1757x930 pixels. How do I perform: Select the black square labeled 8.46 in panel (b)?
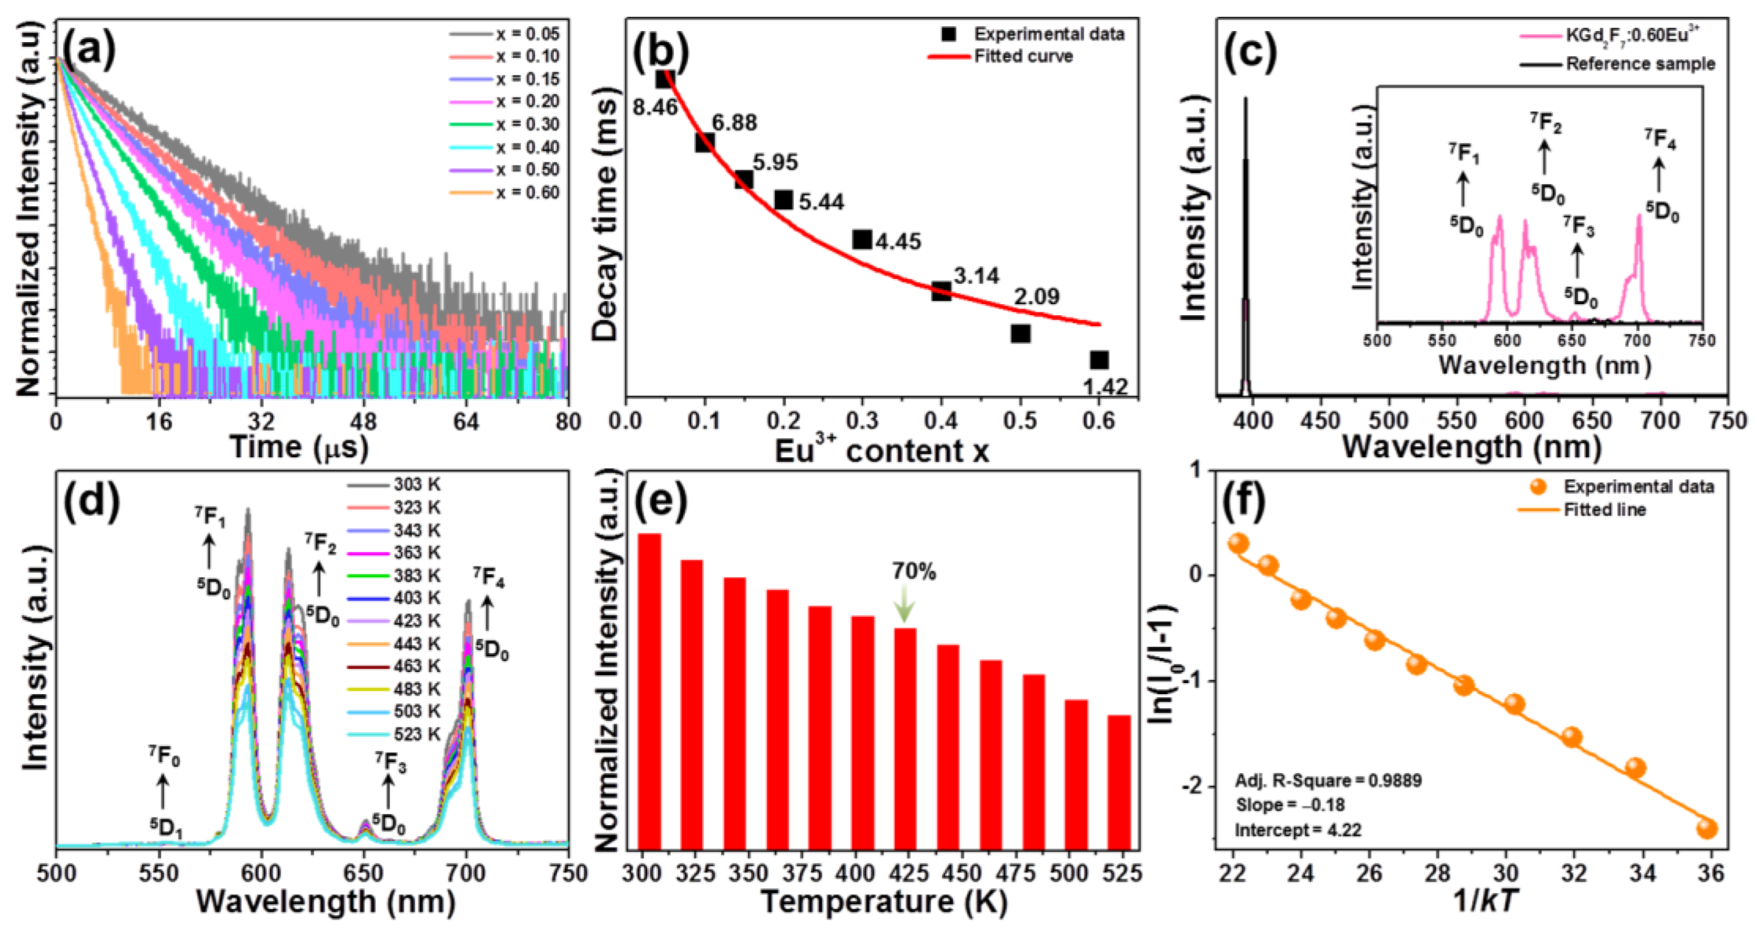tap(665, 79)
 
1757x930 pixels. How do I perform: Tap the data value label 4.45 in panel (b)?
tap(898, 241)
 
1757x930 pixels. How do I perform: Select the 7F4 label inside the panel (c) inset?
tap(1659, 139)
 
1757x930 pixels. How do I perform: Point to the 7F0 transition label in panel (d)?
tap(165, 756)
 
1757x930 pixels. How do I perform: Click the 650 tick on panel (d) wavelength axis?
tap(365, 873)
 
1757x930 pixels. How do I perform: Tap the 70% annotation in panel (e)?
tap(914, 572)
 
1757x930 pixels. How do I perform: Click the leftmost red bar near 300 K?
tap(649, 689)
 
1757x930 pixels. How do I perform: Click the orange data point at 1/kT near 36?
tap(1707, 829)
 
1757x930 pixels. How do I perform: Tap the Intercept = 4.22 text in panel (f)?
tap(1298, 830)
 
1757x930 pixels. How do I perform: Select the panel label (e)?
tap(661, 502)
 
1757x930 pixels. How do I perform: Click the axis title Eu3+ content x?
tap(881, 451)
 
